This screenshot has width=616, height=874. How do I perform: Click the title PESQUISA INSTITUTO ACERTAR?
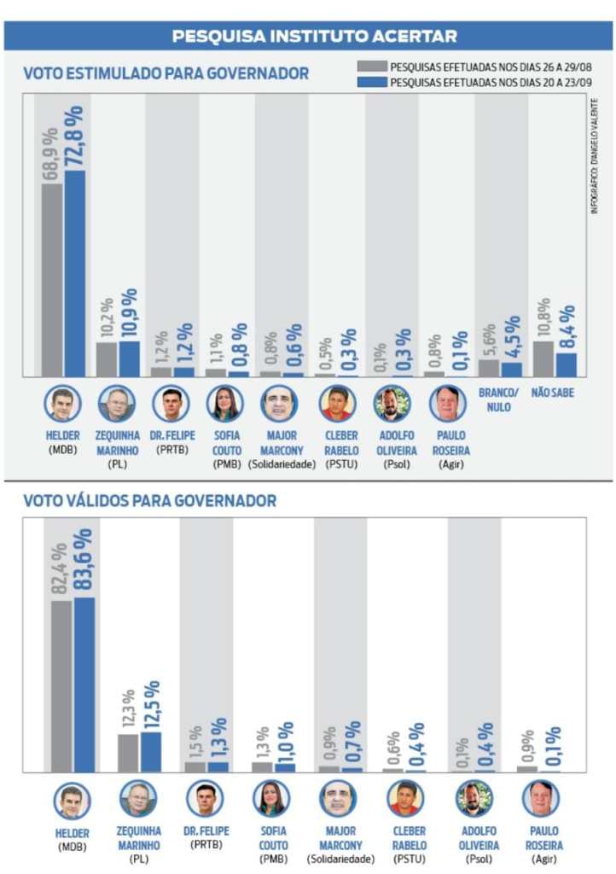[314, 36]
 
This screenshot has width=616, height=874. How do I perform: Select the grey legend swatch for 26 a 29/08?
[373, 66]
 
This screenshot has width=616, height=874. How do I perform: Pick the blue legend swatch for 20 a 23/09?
[373, 83]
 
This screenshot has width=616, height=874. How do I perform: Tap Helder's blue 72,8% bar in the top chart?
[75, 273]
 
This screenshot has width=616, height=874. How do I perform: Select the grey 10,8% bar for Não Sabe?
[543, 358]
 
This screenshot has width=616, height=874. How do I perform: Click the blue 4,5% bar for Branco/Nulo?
[511, 370]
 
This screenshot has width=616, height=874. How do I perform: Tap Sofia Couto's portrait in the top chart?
[226, 403]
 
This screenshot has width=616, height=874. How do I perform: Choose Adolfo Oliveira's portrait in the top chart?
[392, 403]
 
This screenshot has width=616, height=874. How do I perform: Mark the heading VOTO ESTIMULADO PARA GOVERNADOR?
[166, 73]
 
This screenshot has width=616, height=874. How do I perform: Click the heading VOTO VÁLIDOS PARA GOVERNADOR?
[149, 500]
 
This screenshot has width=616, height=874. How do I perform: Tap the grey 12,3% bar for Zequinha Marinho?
[128, 753]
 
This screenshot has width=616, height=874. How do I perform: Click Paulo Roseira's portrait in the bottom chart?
[540, 799]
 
